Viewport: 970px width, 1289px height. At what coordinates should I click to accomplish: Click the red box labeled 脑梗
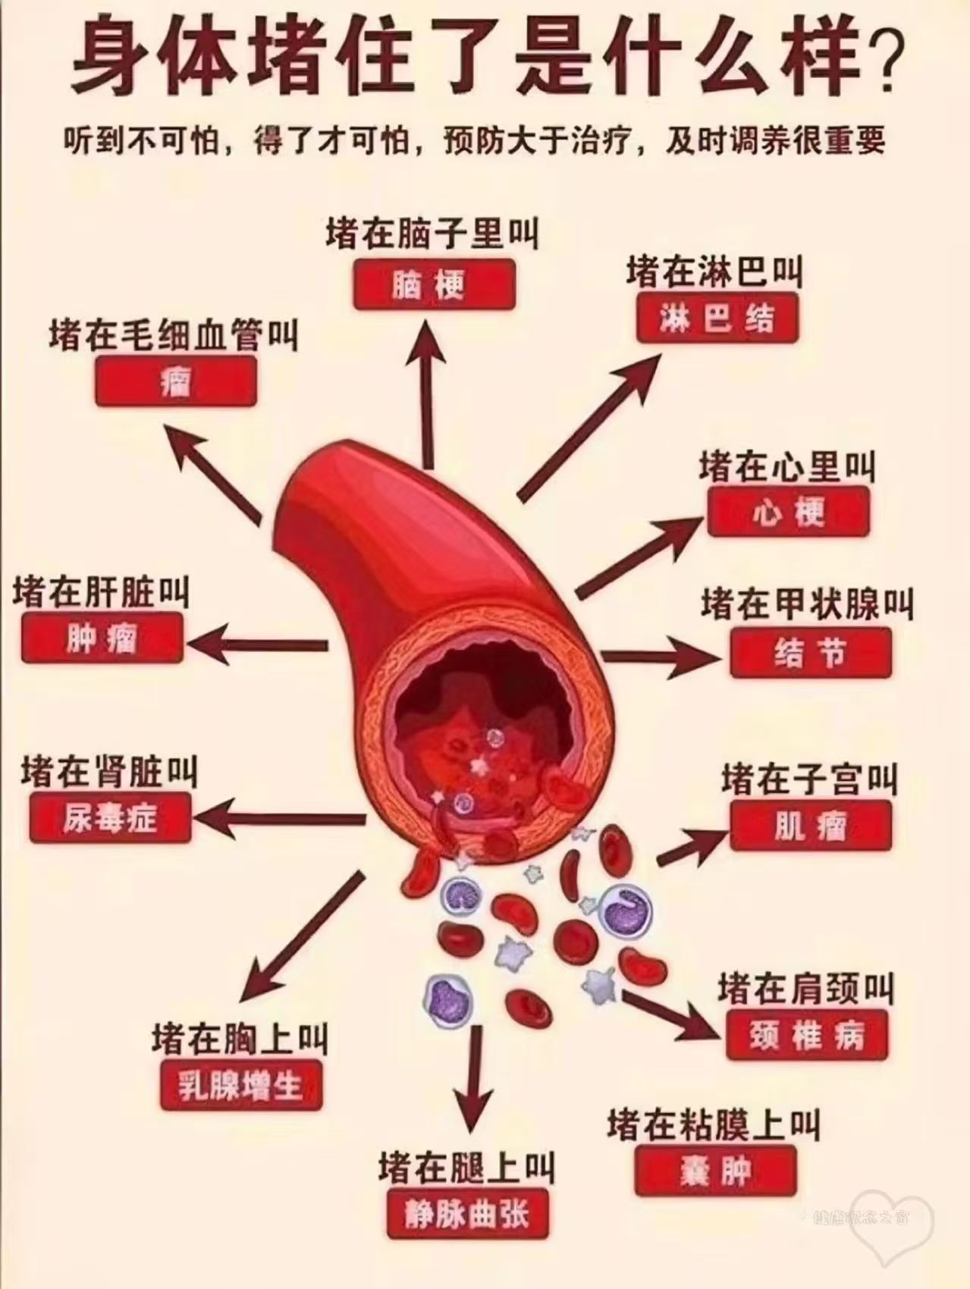tap(434, 284)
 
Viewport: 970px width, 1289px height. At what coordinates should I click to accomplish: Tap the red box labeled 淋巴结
tap(717, 318)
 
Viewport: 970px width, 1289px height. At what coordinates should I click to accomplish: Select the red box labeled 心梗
tap(788, 513)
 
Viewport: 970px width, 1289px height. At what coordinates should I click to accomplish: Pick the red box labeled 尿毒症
tap(110, 818)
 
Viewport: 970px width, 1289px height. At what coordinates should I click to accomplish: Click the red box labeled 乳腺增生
tap(240, 1086)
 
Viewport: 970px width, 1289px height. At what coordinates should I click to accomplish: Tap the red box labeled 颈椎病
tap(806, 1035)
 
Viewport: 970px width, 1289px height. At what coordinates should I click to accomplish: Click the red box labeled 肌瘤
tap(811, 826)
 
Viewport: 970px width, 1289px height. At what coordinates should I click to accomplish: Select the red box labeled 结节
tap(810, 652)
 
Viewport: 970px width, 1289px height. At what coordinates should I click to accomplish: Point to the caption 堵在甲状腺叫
tap(806, 604)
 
